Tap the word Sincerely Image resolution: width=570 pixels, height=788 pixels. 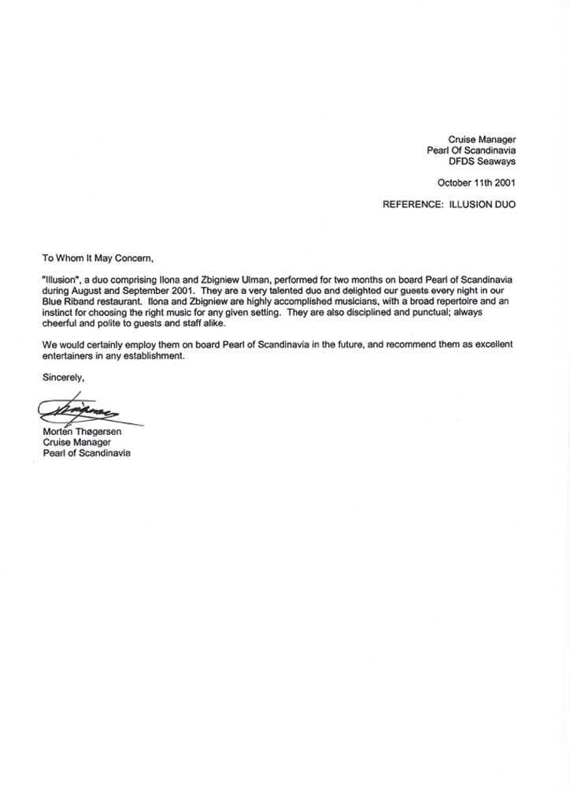click(x=63, y=378)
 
